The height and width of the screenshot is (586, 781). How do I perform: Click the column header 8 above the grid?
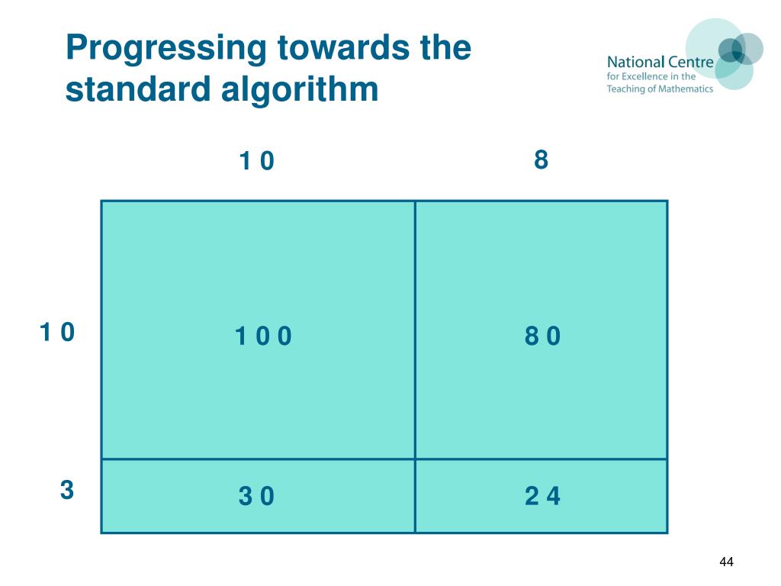pyautogui.click(x=541, y=160)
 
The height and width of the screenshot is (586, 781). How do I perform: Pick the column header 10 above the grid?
pyautogui.click(x=256, y=162)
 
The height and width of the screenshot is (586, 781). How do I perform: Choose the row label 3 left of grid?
pyautogui.click(x=67, y=490)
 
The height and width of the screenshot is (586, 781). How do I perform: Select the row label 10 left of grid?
pyautogui.click(x=57, y=333)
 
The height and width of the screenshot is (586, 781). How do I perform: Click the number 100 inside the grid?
pyautogui.click(x=263, y=336)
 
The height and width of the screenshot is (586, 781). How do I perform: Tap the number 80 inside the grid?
pyautogui.click(x=542, y=336)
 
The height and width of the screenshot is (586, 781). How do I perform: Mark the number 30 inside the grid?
pyautogui.click(x=256, y=497)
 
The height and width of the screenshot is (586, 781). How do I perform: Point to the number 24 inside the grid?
pyautogui.click(x=542, y=497)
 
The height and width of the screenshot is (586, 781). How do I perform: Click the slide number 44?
pyautogui.click(x=726, y=562)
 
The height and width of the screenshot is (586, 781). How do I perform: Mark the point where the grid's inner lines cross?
pyautogui.click(x=415, y=459)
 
